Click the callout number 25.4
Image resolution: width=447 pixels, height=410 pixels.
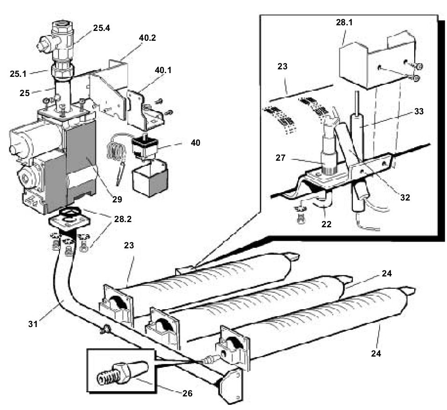[102, 28]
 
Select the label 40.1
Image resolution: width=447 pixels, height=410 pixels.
[162, 71]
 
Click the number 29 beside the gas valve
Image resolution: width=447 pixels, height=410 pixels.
[117, 199]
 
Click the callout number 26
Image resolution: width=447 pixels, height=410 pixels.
[186, 393]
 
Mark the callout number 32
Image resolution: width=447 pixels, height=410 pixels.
[405, 197]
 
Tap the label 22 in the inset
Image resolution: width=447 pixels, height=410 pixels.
[326, 224]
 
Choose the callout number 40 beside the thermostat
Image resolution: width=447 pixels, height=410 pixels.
[195, 142]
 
